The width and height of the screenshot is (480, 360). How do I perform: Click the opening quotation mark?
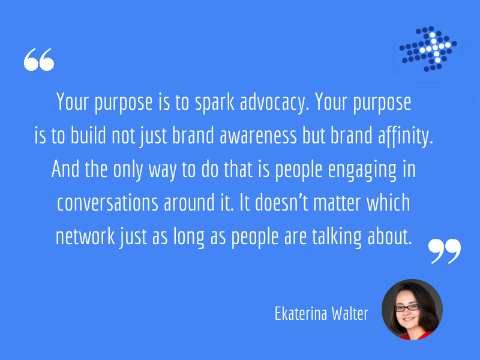[39, 59]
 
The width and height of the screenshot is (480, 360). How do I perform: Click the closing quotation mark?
[444, 251]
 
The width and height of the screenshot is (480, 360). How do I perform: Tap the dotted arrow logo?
[428, 49]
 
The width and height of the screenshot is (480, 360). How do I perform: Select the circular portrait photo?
[412, 310]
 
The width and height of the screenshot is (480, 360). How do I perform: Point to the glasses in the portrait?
[407, 308]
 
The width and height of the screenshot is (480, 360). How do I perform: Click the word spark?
[215, 103]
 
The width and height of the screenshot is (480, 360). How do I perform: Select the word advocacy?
[272, 103]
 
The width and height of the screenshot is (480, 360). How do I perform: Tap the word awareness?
[258, 136]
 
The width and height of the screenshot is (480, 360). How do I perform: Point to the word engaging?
[362, 170]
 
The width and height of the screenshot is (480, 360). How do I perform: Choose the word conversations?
[107, 203]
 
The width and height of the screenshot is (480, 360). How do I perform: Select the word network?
[85, 236]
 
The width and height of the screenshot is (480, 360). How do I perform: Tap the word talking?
[337, 237]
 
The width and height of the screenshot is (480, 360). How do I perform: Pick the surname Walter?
[350, 314]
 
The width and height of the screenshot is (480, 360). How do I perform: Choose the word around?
[189, 202]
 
